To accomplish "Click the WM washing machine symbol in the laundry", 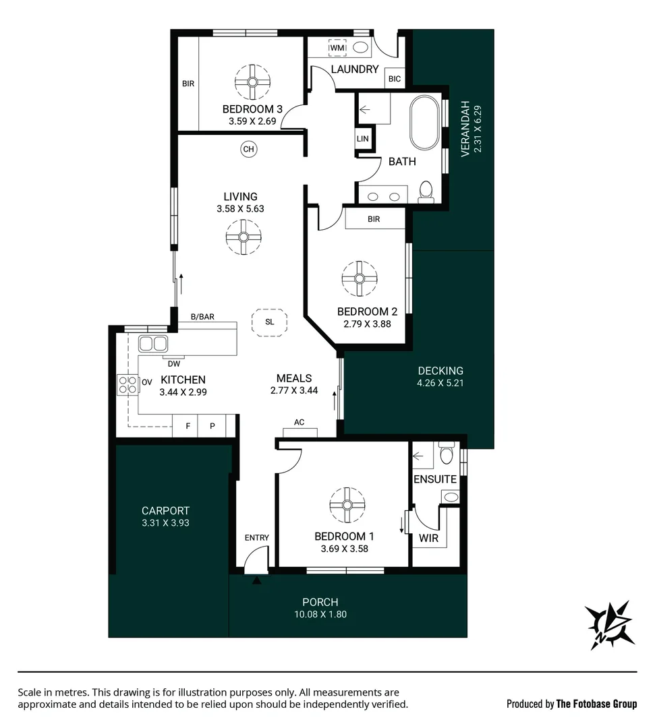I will tap(337, 48).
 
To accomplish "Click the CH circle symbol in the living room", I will tap(249, 149).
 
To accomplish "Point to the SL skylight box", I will tap(270, 322).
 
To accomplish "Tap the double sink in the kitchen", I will tap(153, 344).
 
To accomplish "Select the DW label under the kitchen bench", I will tap(173, 363).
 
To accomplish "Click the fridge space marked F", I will tap(188, 426).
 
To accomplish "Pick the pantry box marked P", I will tap(212, 426).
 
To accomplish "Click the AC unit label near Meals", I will tap(300, 423).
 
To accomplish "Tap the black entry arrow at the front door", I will tap(256, 580).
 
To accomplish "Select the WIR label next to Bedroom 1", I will tap(429, 539).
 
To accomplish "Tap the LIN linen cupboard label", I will tap(363, 138).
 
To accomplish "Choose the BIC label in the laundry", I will tap(395, 79).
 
